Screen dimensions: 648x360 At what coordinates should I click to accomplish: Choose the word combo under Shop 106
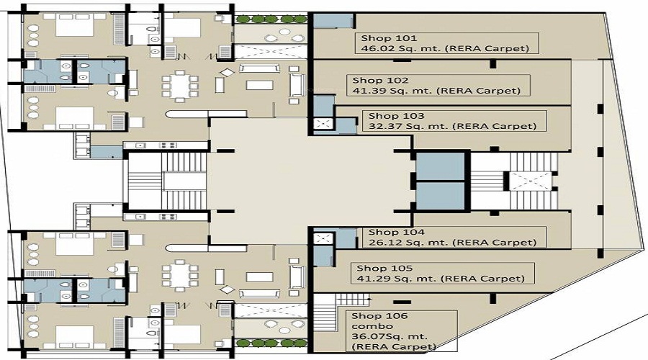(x=367, y=327)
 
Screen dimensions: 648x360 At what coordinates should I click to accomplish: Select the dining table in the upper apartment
(x=180, y=86)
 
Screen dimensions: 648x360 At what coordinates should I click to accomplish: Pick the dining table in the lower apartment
(x=180, y=275)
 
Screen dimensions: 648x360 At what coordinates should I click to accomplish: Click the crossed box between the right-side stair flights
(x=530, y=181)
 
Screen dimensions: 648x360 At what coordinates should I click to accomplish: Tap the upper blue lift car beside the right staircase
(x=441, y=166)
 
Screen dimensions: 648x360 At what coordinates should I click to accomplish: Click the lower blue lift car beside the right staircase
(x=441, y=196)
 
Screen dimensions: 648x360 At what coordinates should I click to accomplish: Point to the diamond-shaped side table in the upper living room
(x=227, y=72)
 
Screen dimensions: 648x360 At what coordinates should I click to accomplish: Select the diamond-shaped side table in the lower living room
(x=227, y=289)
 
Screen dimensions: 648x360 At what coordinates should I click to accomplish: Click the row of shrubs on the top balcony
(x=271, y=19)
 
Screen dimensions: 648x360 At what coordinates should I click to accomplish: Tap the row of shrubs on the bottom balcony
(x=271, y=343)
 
